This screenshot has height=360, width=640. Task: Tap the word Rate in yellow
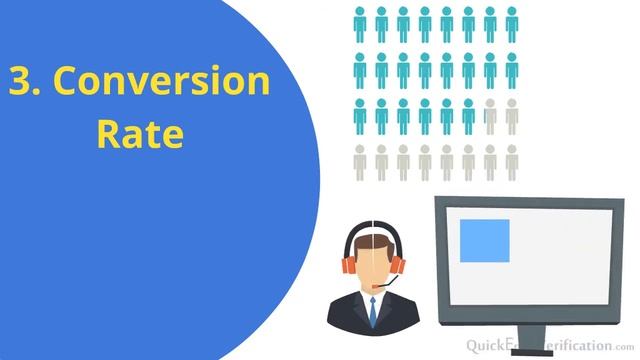coord(140,134)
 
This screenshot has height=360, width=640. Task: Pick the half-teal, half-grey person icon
coord(489,117)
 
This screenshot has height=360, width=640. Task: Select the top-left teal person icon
coord(359,23)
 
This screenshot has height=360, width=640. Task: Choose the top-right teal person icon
coord(512,23)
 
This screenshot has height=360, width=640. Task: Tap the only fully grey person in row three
coord(512,117)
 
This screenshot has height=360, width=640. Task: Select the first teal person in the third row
coord(359,117)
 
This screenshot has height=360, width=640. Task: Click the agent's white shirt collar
coord(372,301)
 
